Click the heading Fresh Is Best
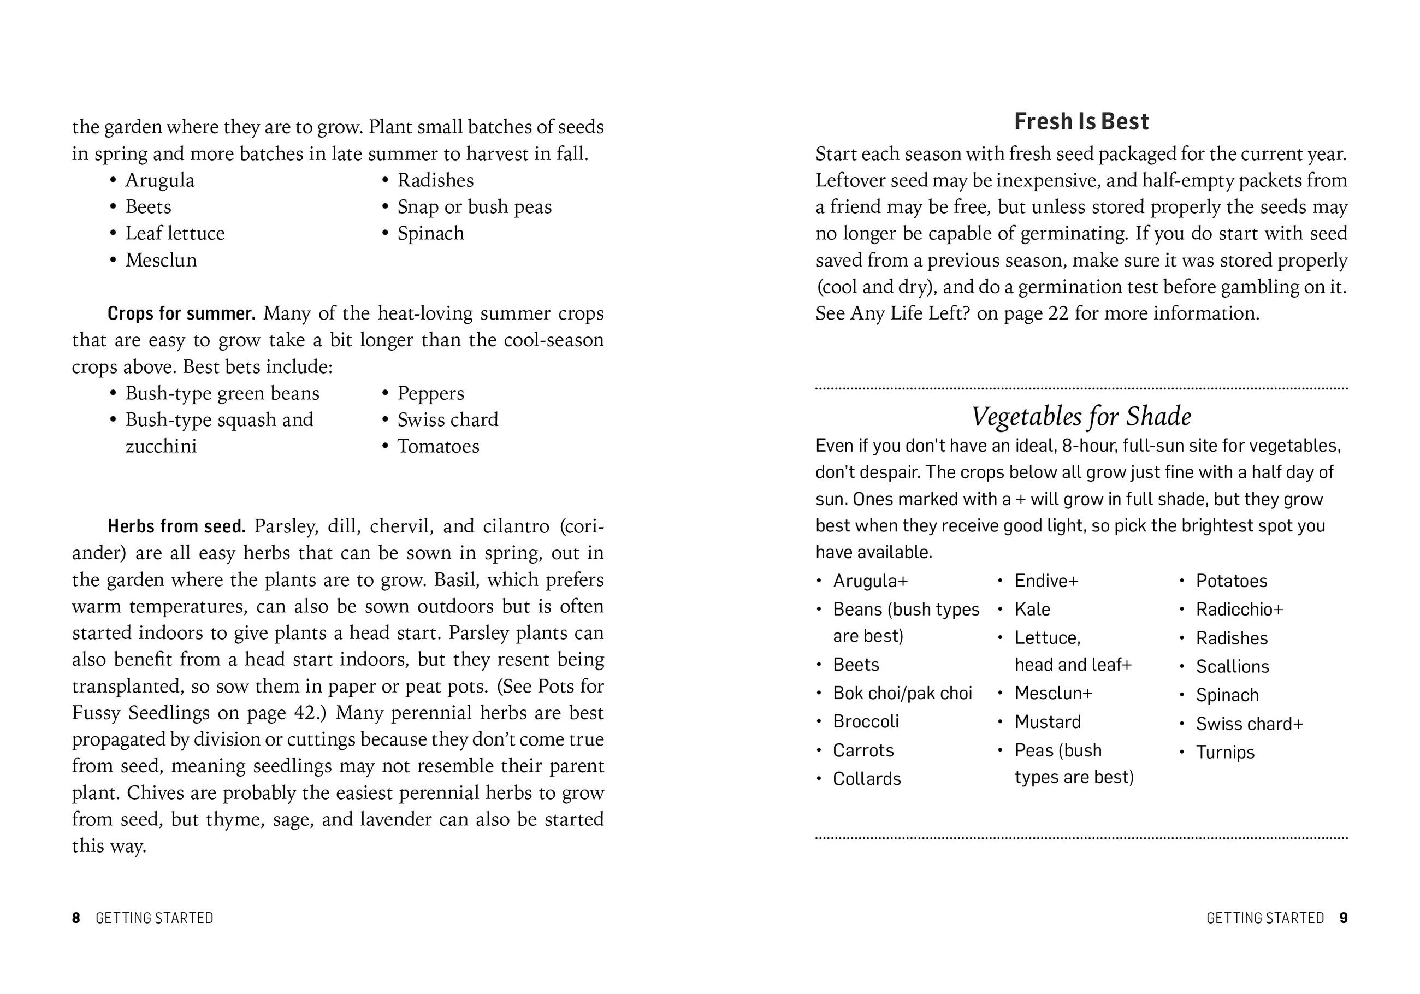pos(1081,121)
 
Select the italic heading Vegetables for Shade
pos(1081,416)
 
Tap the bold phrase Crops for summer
pos(181,313)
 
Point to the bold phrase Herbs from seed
pos(176,526)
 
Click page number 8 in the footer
pos(76,918)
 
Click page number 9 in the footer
pos(1344,918)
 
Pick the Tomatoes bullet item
pos(438,446)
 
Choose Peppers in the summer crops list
pos(430,393)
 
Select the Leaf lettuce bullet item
pos(175,233)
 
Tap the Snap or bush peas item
pos(475,206)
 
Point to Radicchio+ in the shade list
pos(1239,610)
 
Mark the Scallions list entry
pos(1232,666)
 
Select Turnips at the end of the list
pos(1224,752)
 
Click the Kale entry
pos(1032,610)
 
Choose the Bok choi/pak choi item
pos(902,693)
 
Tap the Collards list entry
pos(866,779)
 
